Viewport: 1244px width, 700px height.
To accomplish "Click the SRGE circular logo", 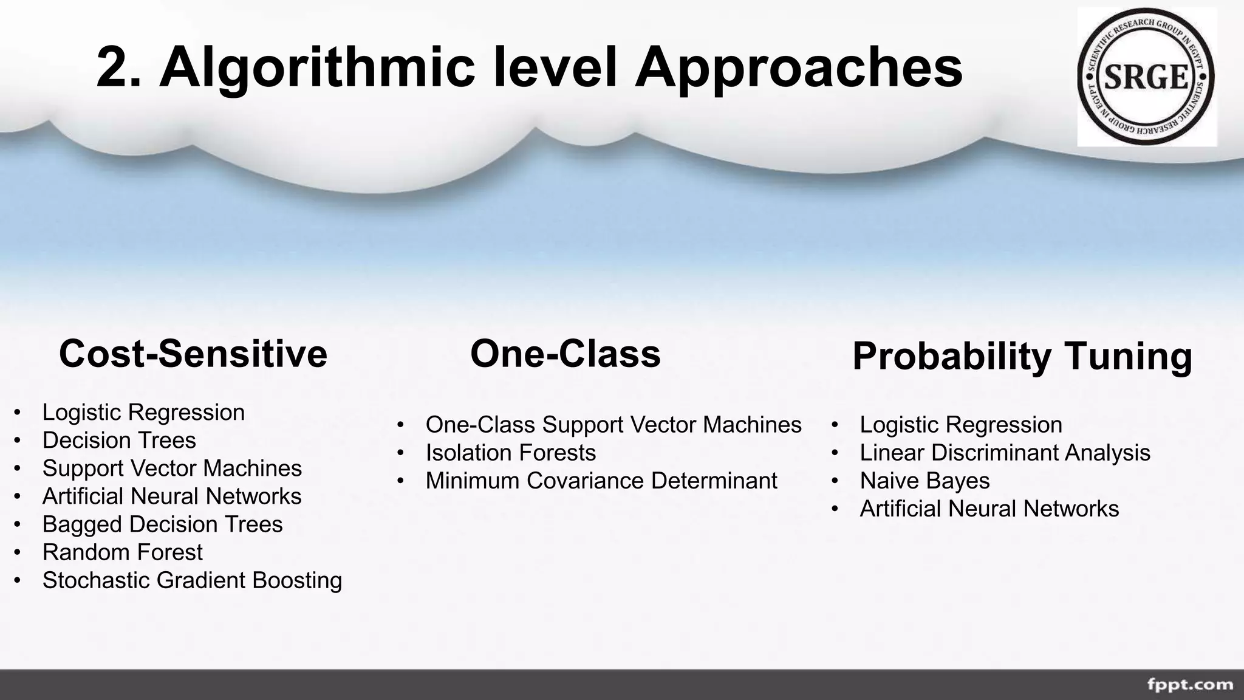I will tap(1146, 77).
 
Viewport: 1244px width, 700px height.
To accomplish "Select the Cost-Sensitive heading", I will tap(193, 354).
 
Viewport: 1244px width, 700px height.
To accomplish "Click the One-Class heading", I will tap(565, 354).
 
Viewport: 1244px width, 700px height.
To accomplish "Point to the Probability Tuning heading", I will tap(1022, 356).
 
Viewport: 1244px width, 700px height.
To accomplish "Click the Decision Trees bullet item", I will tap(119, 441).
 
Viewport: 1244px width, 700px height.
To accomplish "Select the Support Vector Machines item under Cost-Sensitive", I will tap(172, 468).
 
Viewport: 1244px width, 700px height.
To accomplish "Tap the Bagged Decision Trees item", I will tap(162, 524).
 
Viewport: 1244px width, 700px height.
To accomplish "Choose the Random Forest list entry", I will tap(122, 552).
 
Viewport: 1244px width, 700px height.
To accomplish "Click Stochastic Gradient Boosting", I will tap(192, 580).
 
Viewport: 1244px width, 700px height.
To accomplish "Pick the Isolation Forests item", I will tap(510, 453).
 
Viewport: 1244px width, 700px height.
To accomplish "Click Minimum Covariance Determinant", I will tap(601, 481).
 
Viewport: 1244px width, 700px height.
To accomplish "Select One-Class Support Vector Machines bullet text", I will tap(613, 425).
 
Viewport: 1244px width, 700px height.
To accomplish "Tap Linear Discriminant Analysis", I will tap(1005, 453).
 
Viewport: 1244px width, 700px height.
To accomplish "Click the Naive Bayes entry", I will tap(924, 481).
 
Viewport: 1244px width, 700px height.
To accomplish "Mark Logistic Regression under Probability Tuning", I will tap(961, 425).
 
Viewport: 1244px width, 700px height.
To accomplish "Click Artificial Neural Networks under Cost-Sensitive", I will tap(172, 496).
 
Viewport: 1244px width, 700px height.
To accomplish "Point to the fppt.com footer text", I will tap(1189, 685).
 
